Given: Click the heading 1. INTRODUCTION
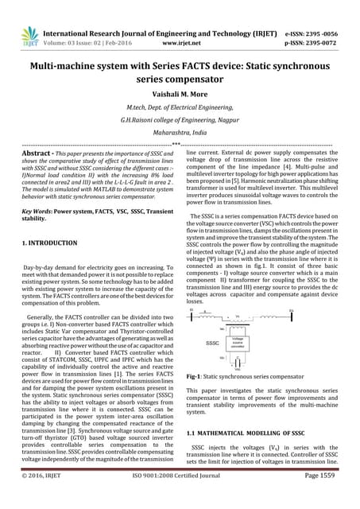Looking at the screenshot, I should [49, 241].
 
